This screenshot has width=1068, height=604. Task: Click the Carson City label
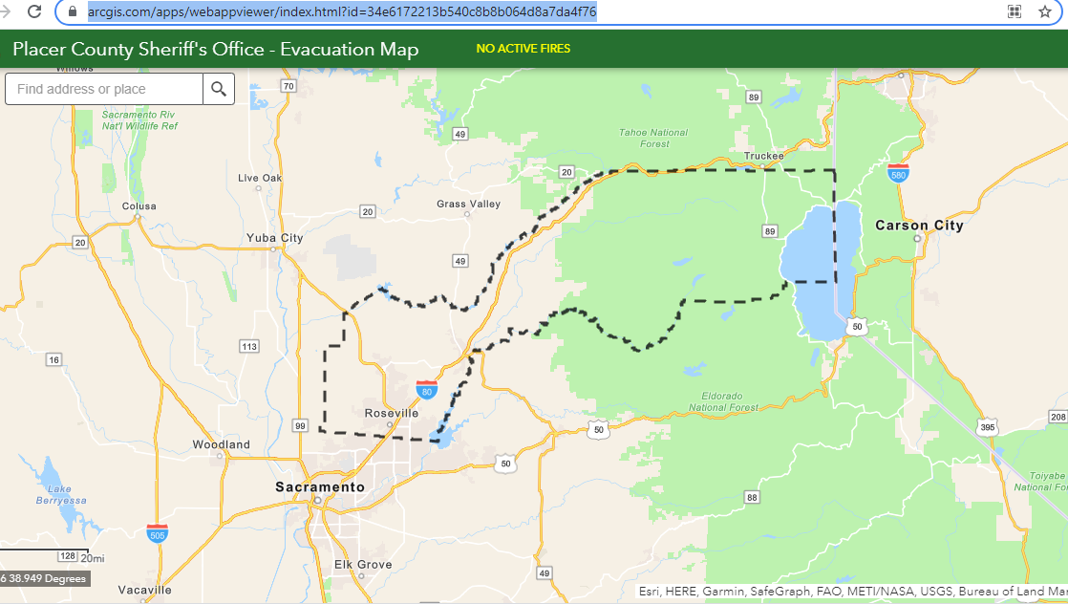pos(919,226)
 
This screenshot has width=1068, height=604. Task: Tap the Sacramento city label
pos(320,487)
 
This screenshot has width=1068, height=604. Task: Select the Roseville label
pos(392,413)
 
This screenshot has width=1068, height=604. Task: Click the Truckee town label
pos(764,156)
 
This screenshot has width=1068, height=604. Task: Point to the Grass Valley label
pos(468,204)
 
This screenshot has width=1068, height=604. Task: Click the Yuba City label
pos(274,238)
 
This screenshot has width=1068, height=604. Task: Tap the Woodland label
pos(221,444)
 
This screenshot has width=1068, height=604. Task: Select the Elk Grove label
pos(363,565)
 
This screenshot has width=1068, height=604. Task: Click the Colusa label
pos(139,205)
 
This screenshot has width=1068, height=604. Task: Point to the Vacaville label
pos(145,590)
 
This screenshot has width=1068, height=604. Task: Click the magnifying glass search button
pos(219,89)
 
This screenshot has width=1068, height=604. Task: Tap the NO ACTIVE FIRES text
pos(523,49)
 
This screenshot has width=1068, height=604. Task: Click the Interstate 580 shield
pos(897,173)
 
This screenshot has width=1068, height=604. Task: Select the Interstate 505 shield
pos(158,533)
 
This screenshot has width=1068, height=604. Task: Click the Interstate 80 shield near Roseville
pos(426,389)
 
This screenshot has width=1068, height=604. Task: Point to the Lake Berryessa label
pos(61,494)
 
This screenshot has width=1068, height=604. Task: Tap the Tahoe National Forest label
pos(654,138)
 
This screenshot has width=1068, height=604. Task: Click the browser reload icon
pos(34,11)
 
